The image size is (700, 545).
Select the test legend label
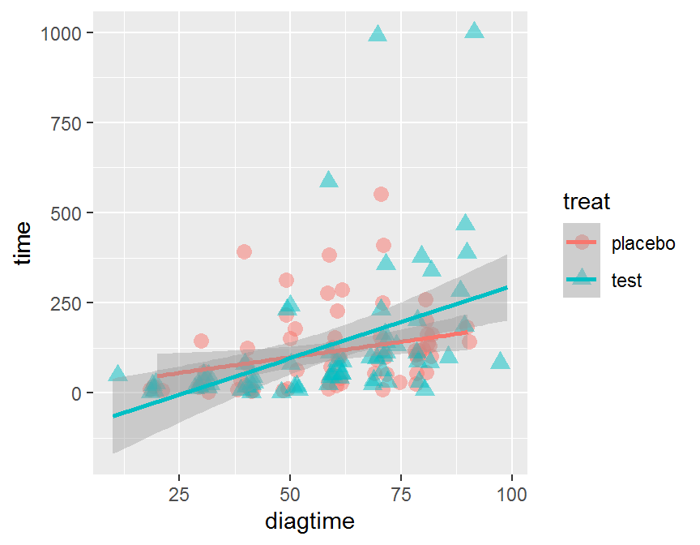(x=626, y=281)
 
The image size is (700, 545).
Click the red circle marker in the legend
(x=582, y=242)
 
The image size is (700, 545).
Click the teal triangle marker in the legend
(x=582, y=280)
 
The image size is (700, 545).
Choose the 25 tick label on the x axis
(x=179, y=494)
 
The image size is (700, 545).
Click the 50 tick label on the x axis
(x=290, y=494)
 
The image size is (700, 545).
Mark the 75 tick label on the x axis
(x=401, y=494)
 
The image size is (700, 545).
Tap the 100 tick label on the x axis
(x=511, y=494)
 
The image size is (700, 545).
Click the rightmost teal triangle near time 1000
(x=475, y=31)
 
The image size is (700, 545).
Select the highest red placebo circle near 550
(x=381, y=194)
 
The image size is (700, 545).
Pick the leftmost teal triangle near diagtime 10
(x=117, y=374)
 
